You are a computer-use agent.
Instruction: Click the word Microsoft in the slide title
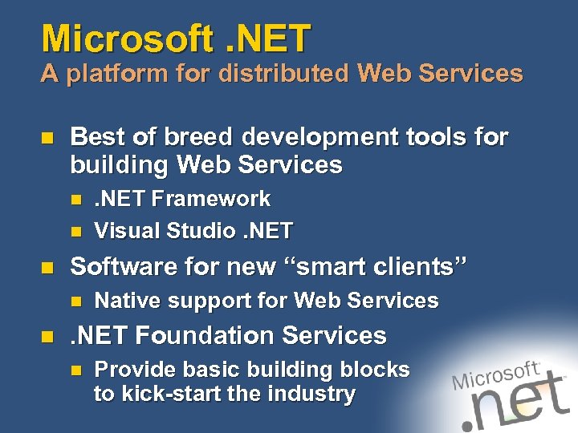click(x=126, y=38)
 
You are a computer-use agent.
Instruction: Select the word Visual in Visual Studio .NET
click(x=125, y=232)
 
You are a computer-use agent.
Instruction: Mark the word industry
click(x=311, y=394)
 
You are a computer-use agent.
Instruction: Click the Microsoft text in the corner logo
click(x=495, y=375)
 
